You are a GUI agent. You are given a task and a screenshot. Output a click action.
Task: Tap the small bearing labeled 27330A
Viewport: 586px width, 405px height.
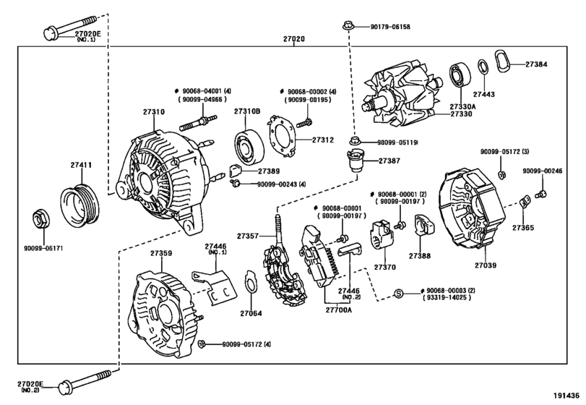coord(459,74)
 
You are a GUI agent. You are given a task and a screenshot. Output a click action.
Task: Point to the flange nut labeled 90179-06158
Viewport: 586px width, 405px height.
coord(348,27)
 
